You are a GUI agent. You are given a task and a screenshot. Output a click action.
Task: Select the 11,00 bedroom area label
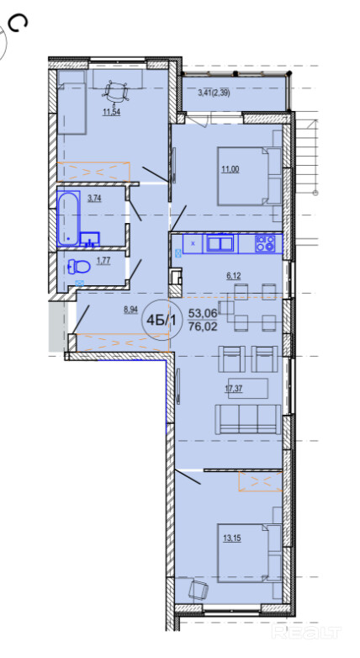pyautogui.click(x=230, y=169)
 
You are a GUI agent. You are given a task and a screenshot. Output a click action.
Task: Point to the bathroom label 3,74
pyautogui.click(x=94, y=199)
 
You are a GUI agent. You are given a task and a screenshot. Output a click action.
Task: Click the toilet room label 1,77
pyautogui.click(x=103, y=261)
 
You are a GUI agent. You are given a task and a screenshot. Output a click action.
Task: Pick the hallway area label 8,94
pyautogui.click(x=131, y=310)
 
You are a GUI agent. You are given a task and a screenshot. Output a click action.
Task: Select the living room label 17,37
pyautogui.click(x=234, y=389)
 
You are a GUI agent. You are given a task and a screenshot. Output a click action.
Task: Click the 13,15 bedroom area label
pyautogui.click(x=231, y=539)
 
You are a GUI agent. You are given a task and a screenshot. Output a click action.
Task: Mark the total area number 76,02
pyautogui.click(x=203, y=326)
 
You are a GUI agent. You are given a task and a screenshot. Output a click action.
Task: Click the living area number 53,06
pyautogui.click(x=203, y=313)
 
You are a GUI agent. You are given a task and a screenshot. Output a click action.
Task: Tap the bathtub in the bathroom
pyautogui.click(x=68, y=219)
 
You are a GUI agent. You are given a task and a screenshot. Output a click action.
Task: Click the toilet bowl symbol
pyautogui.click(x=79, y=266)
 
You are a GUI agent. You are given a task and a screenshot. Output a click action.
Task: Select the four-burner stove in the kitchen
pyautogui.click(x=265, y=243)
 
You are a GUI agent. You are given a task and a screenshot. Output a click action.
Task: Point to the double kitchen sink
pyautogui.click(x=219, y=243)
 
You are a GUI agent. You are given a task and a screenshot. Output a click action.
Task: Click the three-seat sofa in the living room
pyautogui.click(x=247, y=419)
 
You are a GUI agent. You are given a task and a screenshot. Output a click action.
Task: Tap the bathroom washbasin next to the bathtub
pyautogui.click(x=90, y=239)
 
